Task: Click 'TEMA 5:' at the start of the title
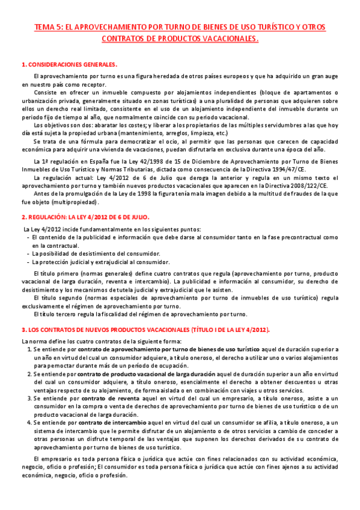[45, 27]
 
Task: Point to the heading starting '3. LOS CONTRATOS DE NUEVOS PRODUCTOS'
[145, 330]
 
